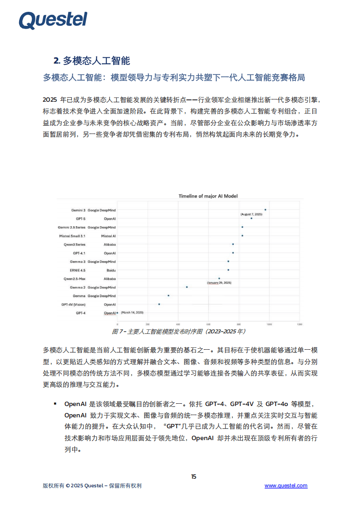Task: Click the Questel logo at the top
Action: [x=53, y=20]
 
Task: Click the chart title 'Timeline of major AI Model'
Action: [x=208, y=196]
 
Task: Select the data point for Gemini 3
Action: [x=265, y=210]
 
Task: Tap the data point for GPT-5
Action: [x=251, y=218]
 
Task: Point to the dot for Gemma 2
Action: [x=187, y=287]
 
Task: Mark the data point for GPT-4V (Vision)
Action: [x=159, y=304]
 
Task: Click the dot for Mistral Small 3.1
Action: [x=242, y=236]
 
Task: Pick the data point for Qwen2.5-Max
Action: [x=219, y=278]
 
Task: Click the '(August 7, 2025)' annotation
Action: [x=251, y=213]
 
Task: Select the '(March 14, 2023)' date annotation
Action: [x=133, y=313]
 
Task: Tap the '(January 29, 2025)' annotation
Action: [x=219, y=283]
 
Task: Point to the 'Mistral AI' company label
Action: [x=108, y=236]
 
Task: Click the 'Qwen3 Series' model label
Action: [x=75, y=244]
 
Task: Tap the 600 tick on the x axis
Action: [x=208, y=324]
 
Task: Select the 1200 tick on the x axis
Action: [x=299, y=324]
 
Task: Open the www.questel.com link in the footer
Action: [x=286, y=486]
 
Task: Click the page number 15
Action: [x=194, y=476]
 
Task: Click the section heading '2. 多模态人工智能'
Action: [x=92, y=61]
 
